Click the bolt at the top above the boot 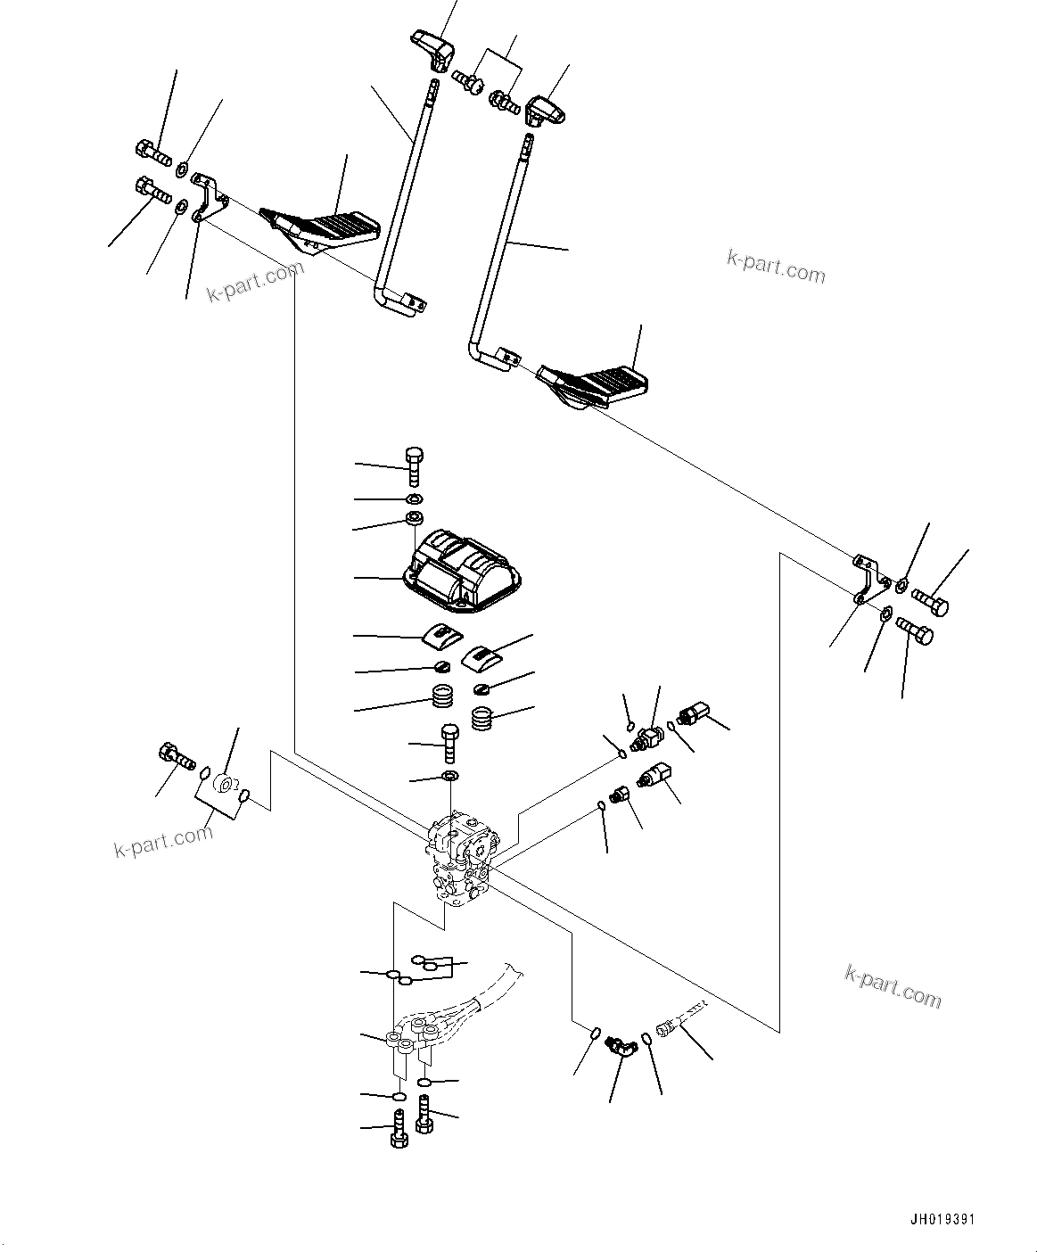[x=414, y=465]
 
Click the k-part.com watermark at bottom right [x=893, y=984]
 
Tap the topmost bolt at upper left [x=152, y=153]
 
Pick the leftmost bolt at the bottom [x=399, y=1132]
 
